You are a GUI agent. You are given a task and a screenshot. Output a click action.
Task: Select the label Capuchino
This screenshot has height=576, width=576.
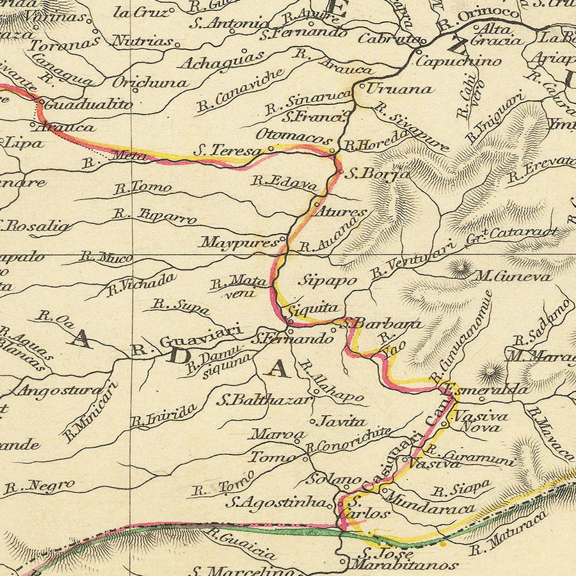click(x=458, y=61)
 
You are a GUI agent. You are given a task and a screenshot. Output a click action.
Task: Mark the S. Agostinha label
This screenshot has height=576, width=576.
click(x=280, y=502)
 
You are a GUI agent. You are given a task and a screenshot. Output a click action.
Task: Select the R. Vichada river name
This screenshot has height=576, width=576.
click(x=141, y=284)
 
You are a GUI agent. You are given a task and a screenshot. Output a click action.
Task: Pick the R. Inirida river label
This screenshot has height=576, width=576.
click(x=163, y=416)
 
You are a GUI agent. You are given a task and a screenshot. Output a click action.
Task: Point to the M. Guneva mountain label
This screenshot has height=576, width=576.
click(x=512, y=276)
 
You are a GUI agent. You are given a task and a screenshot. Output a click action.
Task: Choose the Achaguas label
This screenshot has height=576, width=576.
click(x=221, y=60)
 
